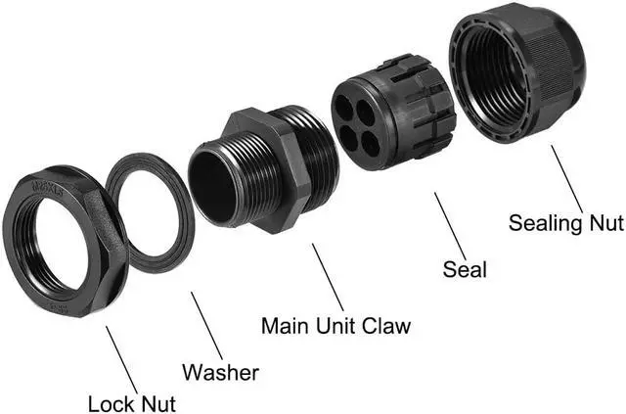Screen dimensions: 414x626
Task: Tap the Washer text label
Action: (x=221, y=372)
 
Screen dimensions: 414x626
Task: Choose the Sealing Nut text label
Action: (x=565, y=222)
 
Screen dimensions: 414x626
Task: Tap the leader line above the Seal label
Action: (x=451, y=220)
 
